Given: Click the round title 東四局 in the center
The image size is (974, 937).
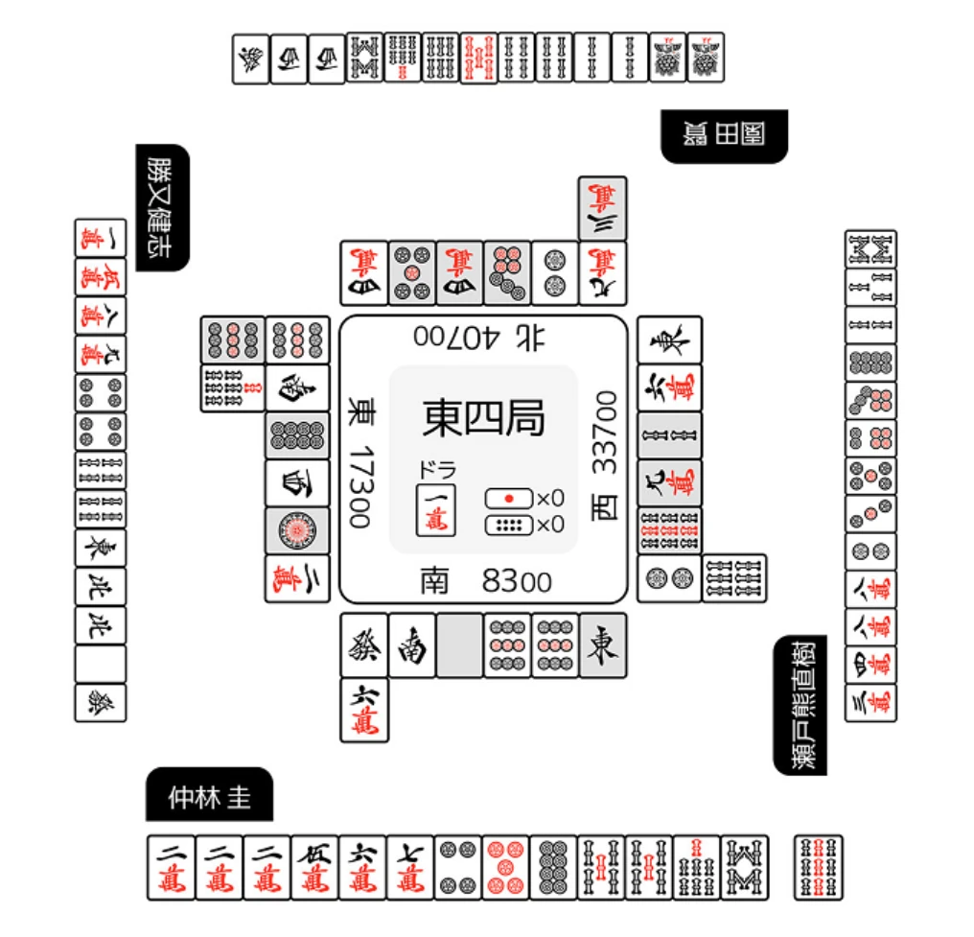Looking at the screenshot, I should pyautogui.click(x=483, y=418).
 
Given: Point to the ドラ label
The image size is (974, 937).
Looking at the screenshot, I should pyautogui.click(x=436, y=471).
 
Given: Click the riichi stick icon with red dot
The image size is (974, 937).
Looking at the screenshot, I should pyautogui.click(x=508, y=499).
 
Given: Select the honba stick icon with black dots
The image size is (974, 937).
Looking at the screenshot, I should pyautogui.click(x=508, y=525).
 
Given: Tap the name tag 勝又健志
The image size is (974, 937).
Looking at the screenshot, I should pyautogui.click(x=162, y=207).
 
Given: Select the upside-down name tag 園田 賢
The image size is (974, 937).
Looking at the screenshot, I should pyautogui.click(x=724, y=135).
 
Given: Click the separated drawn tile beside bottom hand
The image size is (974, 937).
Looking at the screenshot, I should pyautogui.click(x=819, y=867).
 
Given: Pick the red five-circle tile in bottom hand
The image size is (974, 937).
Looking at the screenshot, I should pyautogui.click(x=505, y=867).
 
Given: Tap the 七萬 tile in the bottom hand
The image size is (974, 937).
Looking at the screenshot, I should pyautogui.click(x=409, y=867).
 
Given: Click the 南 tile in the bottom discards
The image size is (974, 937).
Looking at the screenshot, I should pyautogui.click(x=412, y=644).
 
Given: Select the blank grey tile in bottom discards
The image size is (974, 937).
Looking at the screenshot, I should pyautogui.click(x=459, y=644).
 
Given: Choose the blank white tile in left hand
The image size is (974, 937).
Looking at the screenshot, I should pyautogui.click(x=101, y=664).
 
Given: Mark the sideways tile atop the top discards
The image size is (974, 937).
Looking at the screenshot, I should pyautogui.click(x=603, y=207).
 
